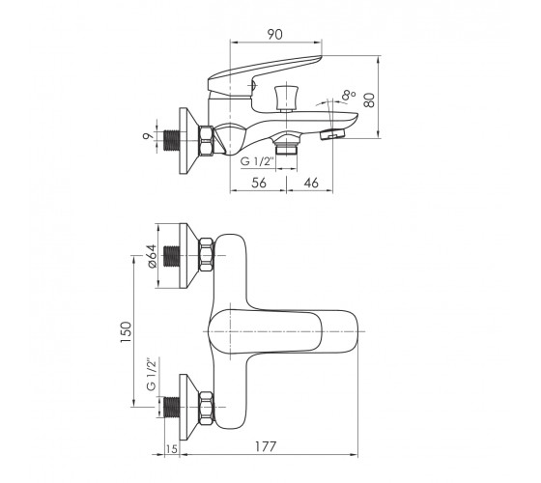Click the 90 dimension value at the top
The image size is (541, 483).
[274, 34]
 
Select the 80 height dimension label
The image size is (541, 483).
[369, 100]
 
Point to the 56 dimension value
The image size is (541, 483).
[259, 183]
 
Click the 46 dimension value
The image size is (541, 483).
[311, 183]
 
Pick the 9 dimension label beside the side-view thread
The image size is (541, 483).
[148, 135]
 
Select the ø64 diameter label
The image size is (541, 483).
[153, 256]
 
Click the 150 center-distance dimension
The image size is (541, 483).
[126, 332]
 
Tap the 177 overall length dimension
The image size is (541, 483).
[266, 446]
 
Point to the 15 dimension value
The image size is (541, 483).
[172, 449]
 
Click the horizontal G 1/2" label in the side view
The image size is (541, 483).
[257, 161]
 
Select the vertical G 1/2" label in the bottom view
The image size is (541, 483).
[151, 375]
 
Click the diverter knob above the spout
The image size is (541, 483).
[286, 98]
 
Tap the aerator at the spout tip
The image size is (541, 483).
[333, 134]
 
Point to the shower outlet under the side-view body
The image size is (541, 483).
[286, 145]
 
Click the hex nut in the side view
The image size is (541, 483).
[206, 141]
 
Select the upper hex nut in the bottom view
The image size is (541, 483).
[206, 255]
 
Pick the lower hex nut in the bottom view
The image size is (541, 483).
[206, 408]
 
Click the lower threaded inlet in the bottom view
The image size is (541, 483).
[171, 407]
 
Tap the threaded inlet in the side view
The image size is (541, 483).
[171, 141]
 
